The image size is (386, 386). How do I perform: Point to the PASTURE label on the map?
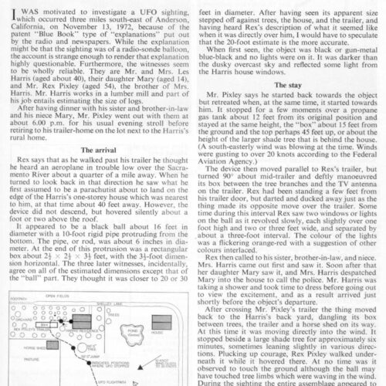[32, 359]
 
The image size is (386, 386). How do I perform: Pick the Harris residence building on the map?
[81, 322]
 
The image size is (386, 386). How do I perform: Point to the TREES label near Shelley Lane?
[113, 315]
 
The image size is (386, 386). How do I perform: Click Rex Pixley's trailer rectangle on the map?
[43, 325]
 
